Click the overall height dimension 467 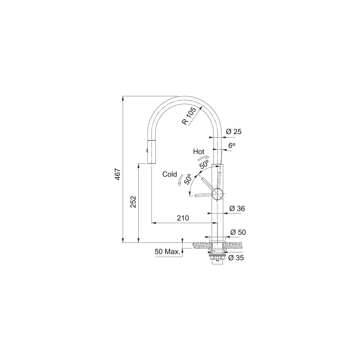117,174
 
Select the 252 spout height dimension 133,202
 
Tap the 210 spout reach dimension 183,218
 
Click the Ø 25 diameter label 233,132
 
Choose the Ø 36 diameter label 237,208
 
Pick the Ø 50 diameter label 238,232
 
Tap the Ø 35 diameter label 236,258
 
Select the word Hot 199,151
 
